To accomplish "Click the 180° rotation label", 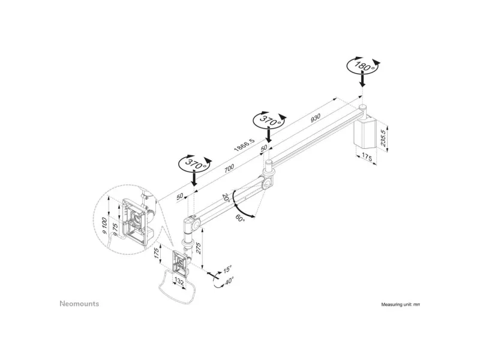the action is pyautogui.click(x=363, y=66).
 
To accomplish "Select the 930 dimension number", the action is pyautogui.click(x=316, y=118).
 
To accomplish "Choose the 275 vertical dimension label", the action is pyautogui.click(x=199, y=248).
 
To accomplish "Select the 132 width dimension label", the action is pyautogui.click(x=179, y=281).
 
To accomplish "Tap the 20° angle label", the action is pyautogui.click(x=226, y=197).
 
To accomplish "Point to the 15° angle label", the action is pyautogui.click(x=228, y=269).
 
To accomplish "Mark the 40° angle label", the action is pyautogui.click(x=229, y=281).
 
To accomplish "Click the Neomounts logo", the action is pyautogui.click(x=79, y=304).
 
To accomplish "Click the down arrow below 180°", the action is pyautogui.click(x=362, y=80).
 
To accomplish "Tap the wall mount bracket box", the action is pyautogui.click(x=365, y=131).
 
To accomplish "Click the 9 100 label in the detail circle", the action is pyautogui.click(x=104, y=226).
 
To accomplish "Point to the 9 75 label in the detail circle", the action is pyautogui.click(x=115, y=229).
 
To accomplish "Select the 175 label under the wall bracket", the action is pyautogui.click(x=367, y=157).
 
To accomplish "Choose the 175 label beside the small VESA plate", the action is pyautogui.click(x=157, y=253).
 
